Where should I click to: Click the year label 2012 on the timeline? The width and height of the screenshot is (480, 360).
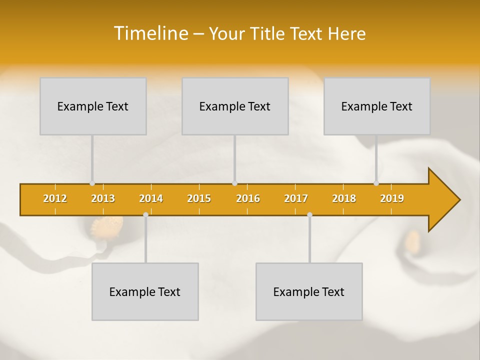(55, 198)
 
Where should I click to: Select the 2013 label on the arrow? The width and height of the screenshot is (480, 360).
(103, 198)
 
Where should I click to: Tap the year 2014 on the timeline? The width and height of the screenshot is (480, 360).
(151, 198)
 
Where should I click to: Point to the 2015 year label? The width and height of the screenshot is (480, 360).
(199, 198)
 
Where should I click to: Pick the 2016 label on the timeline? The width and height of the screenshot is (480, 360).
(248, 198)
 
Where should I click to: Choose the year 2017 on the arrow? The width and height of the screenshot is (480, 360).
(296, 198)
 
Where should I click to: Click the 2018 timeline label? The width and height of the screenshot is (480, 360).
(344, 198)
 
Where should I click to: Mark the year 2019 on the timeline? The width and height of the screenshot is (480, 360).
(392, 198)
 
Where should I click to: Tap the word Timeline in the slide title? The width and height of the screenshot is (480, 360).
(150, 33)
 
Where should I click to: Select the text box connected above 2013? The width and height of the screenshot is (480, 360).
(93, 106)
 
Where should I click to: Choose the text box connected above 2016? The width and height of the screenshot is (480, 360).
(235, 106)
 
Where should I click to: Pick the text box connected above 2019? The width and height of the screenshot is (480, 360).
(377, 106)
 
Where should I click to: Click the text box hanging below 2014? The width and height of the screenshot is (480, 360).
(145, 291)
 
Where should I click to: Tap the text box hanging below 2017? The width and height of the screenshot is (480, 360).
(309, 291)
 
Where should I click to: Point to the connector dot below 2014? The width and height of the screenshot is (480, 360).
(145, 214)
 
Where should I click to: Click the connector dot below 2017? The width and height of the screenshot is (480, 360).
(309, 214)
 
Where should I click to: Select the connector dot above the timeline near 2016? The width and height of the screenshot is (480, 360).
(234, 183)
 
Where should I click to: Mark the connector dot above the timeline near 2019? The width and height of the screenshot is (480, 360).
(376, 183)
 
